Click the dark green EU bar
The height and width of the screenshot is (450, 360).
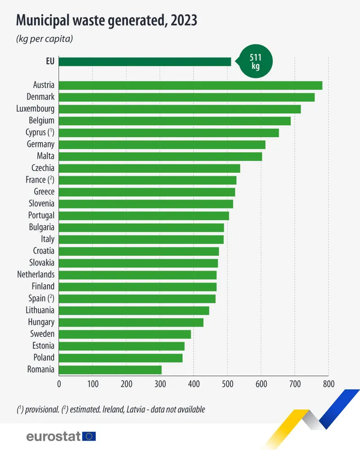coord(144,62)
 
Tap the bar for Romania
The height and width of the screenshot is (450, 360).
coord(110,369)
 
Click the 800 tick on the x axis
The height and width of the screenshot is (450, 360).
coord(328,384)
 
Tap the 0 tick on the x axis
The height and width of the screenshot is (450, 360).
coord(59,384)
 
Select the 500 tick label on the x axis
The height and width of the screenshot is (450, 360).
coord(227,384)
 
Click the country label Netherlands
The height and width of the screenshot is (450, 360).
coord(36,274)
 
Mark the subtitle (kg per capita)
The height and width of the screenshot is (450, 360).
coord(45,39)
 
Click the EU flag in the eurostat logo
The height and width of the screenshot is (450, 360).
coord(89,436)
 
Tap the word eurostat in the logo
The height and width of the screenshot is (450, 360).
coord(54,436)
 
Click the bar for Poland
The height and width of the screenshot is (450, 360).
coord(121,358)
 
